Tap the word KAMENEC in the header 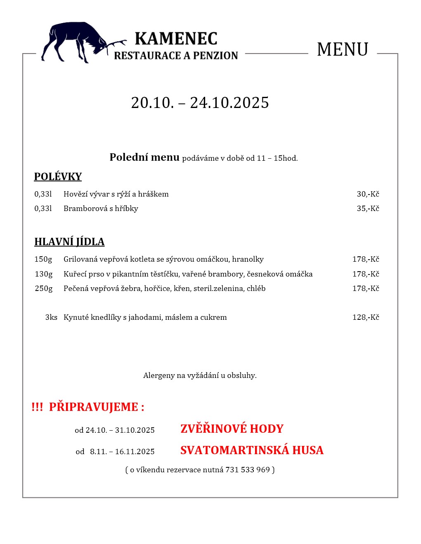(x=176, y=39)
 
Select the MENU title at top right (x=342, y=49)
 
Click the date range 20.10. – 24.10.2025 (x=200, y=103)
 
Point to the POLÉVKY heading (x=58, y=177)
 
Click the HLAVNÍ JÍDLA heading (x=69, y=242)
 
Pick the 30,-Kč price (x=368, y=194)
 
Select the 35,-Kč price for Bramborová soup (x=368, y=209)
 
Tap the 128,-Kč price (x=366, y=317)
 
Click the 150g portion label (x=43, y=259)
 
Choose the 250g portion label (x=44, y=288)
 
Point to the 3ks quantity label (x=51, y=317)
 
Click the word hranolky (x=248, y=259)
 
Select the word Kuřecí (x=74, y=274)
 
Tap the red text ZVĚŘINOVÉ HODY (x=232, y=429)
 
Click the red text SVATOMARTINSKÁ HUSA (x=252, y=450)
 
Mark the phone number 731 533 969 (x=247, y=470)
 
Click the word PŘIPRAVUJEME (x=94, y=407)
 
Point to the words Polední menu (x=144, y=157)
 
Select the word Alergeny (x=159, y=375)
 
